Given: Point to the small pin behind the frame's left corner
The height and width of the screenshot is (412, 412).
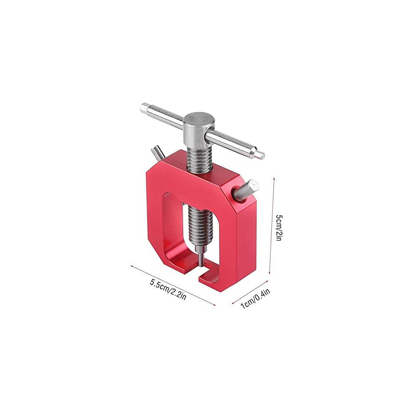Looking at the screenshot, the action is click(x=157, y=154).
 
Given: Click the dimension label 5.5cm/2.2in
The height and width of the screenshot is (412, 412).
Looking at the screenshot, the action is click(x=168, y=290).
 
